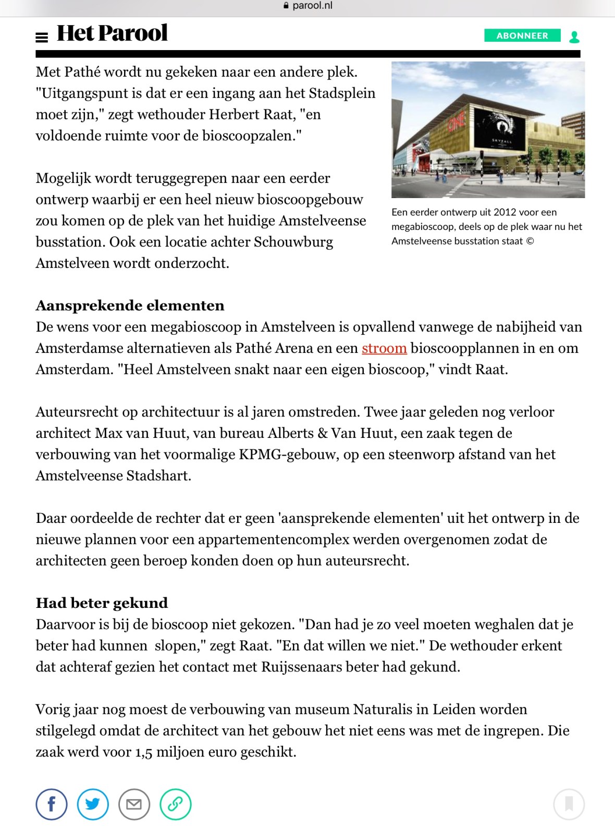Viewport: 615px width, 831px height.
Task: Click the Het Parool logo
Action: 112,33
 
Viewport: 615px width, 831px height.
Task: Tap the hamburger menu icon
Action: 42,37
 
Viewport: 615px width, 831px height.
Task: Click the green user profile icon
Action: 574,36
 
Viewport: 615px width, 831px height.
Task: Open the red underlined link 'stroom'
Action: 384,348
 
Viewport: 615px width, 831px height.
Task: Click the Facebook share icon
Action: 51,804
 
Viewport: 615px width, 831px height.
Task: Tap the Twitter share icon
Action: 93,804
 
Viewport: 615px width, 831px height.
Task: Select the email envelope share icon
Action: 134,804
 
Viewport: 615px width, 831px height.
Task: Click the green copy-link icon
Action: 175,804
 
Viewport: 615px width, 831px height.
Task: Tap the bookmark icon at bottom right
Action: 569,804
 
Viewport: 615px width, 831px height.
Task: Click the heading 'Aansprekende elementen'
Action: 130,305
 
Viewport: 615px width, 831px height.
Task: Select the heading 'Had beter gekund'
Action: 102,603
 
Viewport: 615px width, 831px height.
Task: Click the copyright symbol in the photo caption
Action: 530,241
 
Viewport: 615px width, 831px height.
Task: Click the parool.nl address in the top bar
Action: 312,6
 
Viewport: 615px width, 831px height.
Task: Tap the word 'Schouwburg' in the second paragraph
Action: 293,242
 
